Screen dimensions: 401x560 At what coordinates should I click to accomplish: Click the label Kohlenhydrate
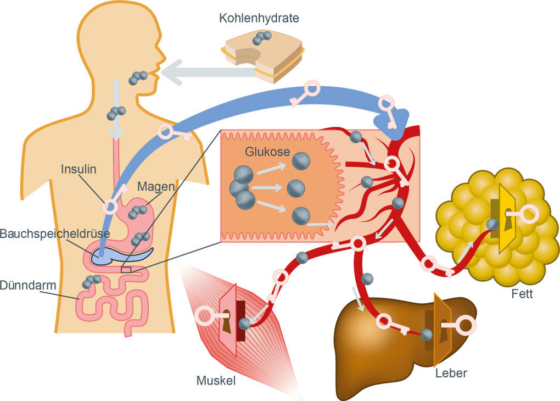(x=259, y=18)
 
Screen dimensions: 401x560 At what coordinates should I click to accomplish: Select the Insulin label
(x=79, y=169)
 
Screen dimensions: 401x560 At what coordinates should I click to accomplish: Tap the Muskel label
(x=216, y=380)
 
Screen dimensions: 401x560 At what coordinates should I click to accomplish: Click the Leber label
(x=451, y=374)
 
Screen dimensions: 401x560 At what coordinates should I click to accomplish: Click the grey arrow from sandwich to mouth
(x=195, y=72)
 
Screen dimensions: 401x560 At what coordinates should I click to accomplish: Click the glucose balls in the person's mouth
(x=138, y=77)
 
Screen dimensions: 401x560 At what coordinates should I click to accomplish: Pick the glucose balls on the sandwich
(x=262, y=38)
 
